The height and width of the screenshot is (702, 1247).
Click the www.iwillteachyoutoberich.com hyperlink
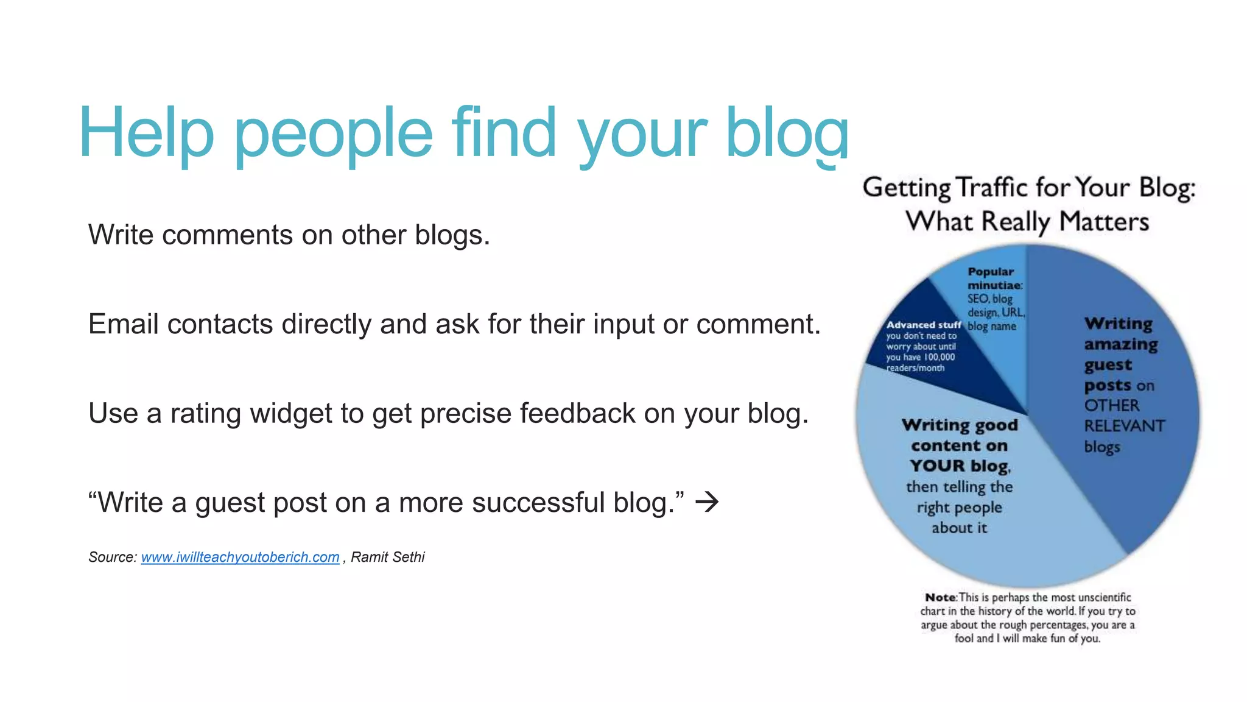(240, 557)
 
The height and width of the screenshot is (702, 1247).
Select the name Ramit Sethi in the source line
(387, 557)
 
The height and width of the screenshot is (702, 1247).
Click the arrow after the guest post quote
(707, 502)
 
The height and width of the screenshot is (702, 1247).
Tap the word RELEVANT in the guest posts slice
(1124, 426)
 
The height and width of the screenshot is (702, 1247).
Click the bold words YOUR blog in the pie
(960, 466)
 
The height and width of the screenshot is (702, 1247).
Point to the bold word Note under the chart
(940, 598)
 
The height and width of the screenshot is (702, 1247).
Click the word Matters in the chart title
(1103, 221)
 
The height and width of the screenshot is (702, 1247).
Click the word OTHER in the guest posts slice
(1111, 406)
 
